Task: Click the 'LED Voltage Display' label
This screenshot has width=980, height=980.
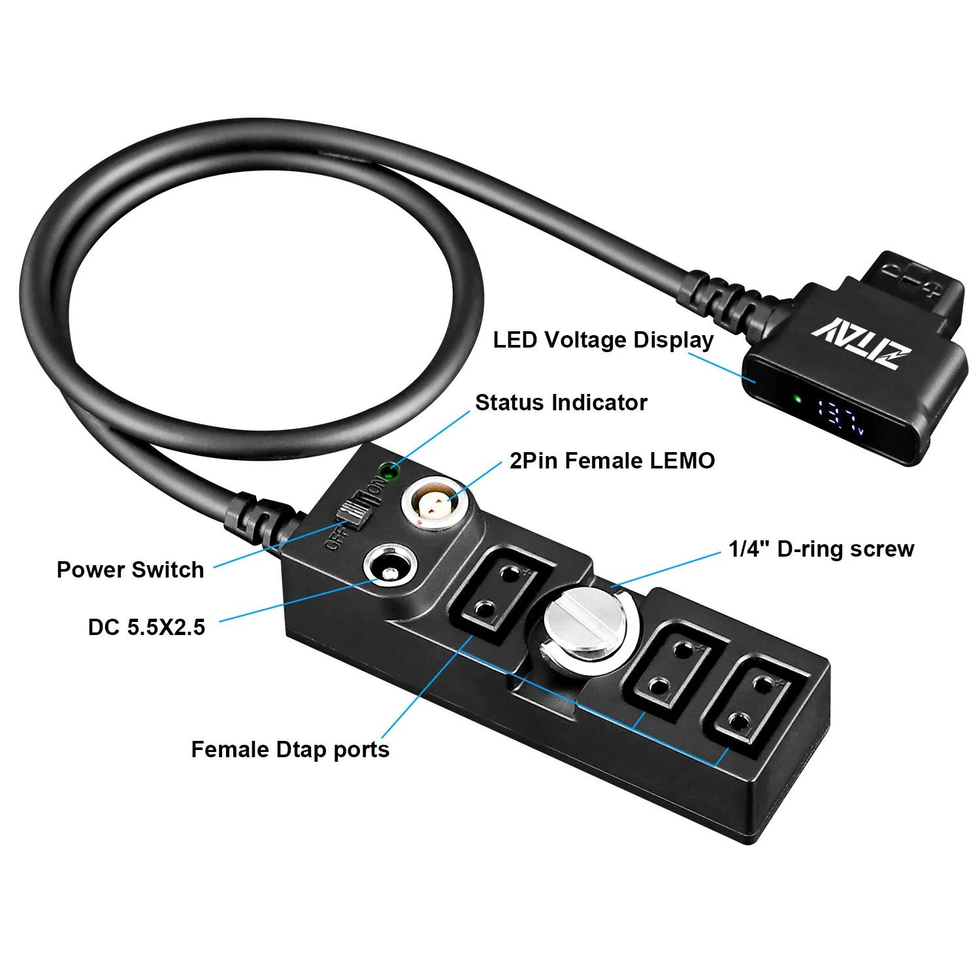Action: [603, 340]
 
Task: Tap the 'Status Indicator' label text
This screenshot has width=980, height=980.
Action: [561, 402]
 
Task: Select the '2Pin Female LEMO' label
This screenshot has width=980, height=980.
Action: [612, 461]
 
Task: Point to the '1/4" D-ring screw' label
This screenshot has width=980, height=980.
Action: [821, 549]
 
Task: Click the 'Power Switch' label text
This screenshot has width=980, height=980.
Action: [130, 570]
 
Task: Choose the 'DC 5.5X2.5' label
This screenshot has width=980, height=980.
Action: [146, 627]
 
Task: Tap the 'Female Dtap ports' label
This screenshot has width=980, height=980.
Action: [290, 749]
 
